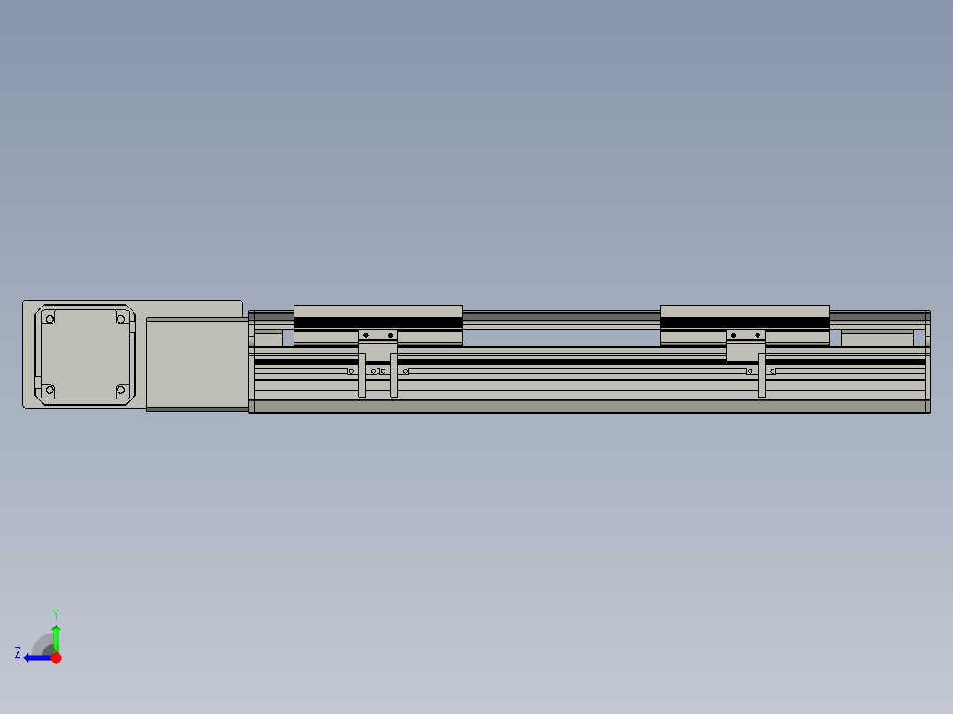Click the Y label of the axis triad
55,613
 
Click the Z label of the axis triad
18,652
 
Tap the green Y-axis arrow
56,637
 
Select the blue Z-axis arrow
36,657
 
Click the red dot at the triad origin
56,657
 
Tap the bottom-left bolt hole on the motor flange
50,390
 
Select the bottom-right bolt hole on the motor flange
121,390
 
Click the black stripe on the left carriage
377,323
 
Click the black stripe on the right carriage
744,323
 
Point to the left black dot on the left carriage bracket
366,335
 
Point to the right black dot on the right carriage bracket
758,335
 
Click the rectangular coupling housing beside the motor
197,363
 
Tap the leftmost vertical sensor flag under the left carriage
362,376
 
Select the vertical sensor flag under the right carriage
761,376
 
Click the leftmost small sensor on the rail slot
351,371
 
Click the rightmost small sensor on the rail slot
772,371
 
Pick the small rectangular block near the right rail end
876,338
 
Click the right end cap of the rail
927,361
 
